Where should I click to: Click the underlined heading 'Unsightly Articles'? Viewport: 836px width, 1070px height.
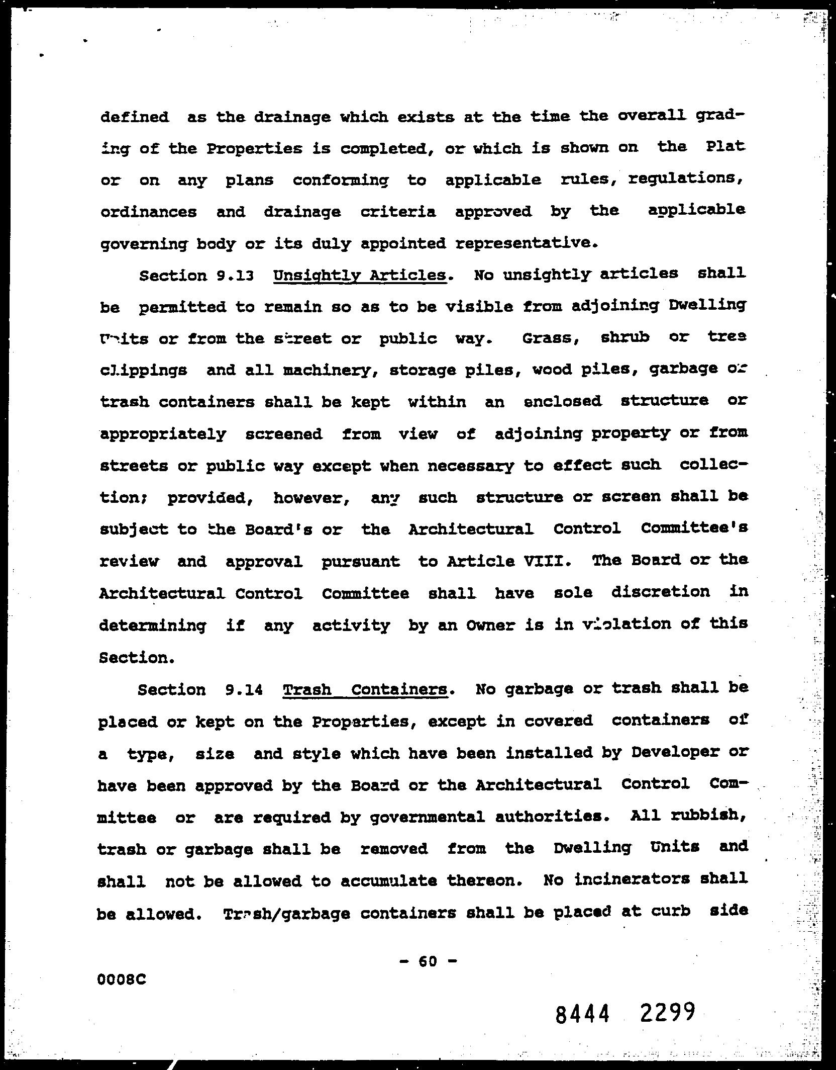[360, 276]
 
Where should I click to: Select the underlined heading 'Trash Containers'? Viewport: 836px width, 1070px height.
[365, 689]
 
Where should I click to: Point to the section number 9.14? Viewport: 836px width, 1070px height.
[245, 690]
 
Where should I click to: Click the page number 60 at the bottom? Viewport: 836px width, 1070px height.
[428, 961]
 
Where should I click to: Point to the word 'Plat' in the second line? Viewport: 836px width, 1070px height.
[725, 147]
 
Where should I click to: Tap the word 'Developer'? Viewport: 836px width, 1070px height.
[676, 752]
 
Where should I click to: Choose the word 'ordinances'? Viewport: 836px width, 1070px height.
[149, 212]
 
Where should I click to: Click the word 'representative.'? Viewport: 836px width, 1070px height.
[527, 244]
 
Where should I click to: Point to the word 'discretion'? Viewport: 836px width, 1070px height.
[661, 592]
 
